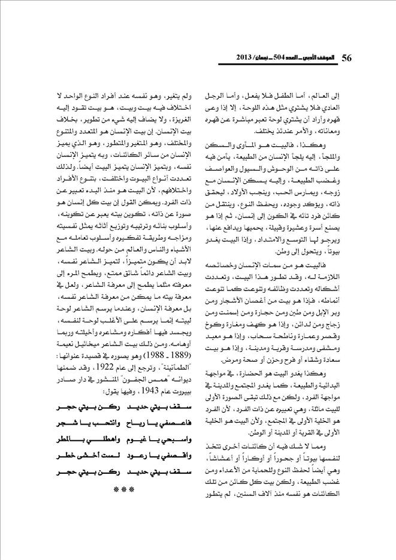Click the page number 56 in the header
pyautogui.click(x=348, y=59)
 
